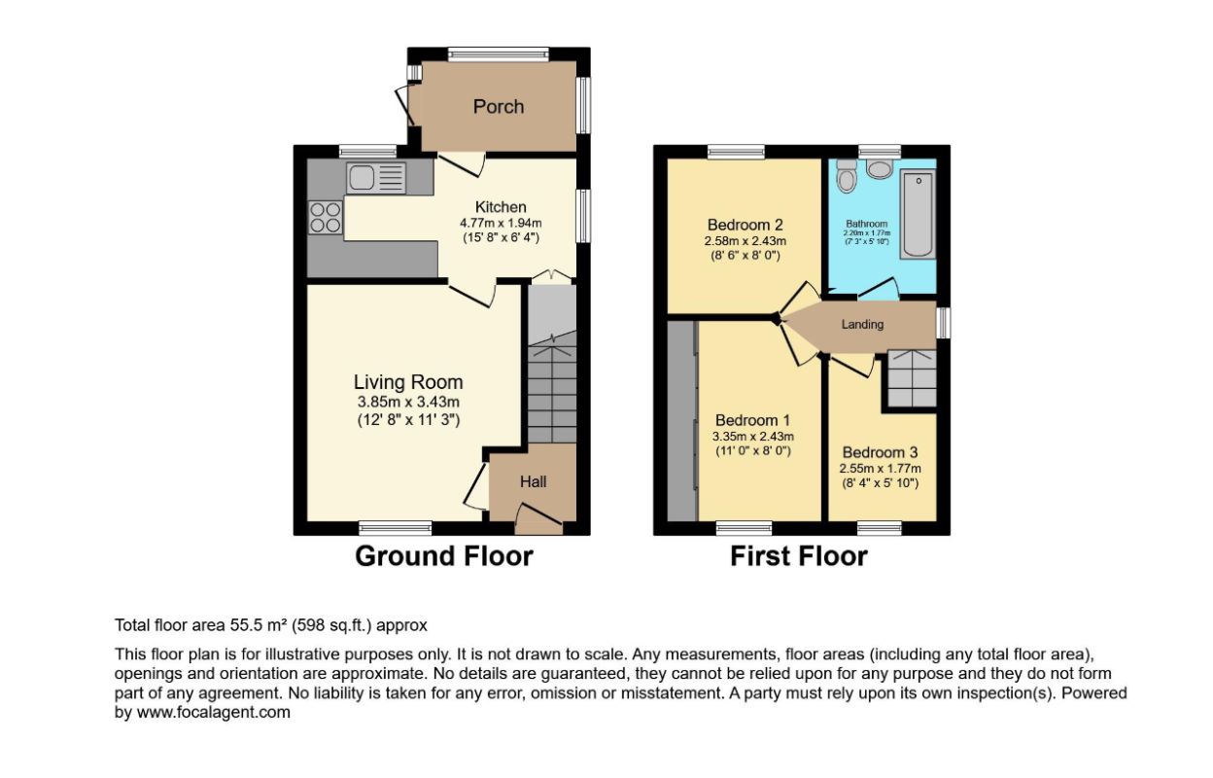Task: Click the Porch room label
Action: point(499,107)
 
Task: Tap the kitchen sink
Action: point(376,178)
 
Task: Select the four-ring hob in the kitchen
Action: point(326,217)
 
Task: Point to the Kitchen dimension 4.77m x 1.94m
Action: point(501,223)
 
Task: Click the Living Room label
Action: point(408,382)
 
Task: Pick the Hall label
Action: point(533,481)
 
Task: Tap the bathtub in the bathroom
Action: point(918,215)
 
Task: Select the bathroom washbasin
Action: point(880,168)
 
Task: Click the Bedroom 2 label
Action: point(745,225)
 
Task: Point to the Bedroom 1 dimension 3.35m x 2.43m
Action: point(752,436)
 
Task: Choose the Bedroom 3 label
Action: point(880,452)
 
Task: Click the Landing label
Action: point(862,325)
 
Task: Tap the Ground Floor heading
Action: point(444,556)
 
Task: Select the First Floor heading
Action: point(799,556)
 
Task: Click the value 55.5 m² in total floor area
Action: point(259,625)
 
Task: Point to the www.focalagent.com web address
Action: point(214,712)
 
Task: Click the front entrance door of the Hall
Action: point(538,517)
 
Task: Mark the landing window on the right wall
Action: point(944,324)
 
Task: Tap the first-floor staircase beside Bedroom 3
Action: point(912,378)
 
